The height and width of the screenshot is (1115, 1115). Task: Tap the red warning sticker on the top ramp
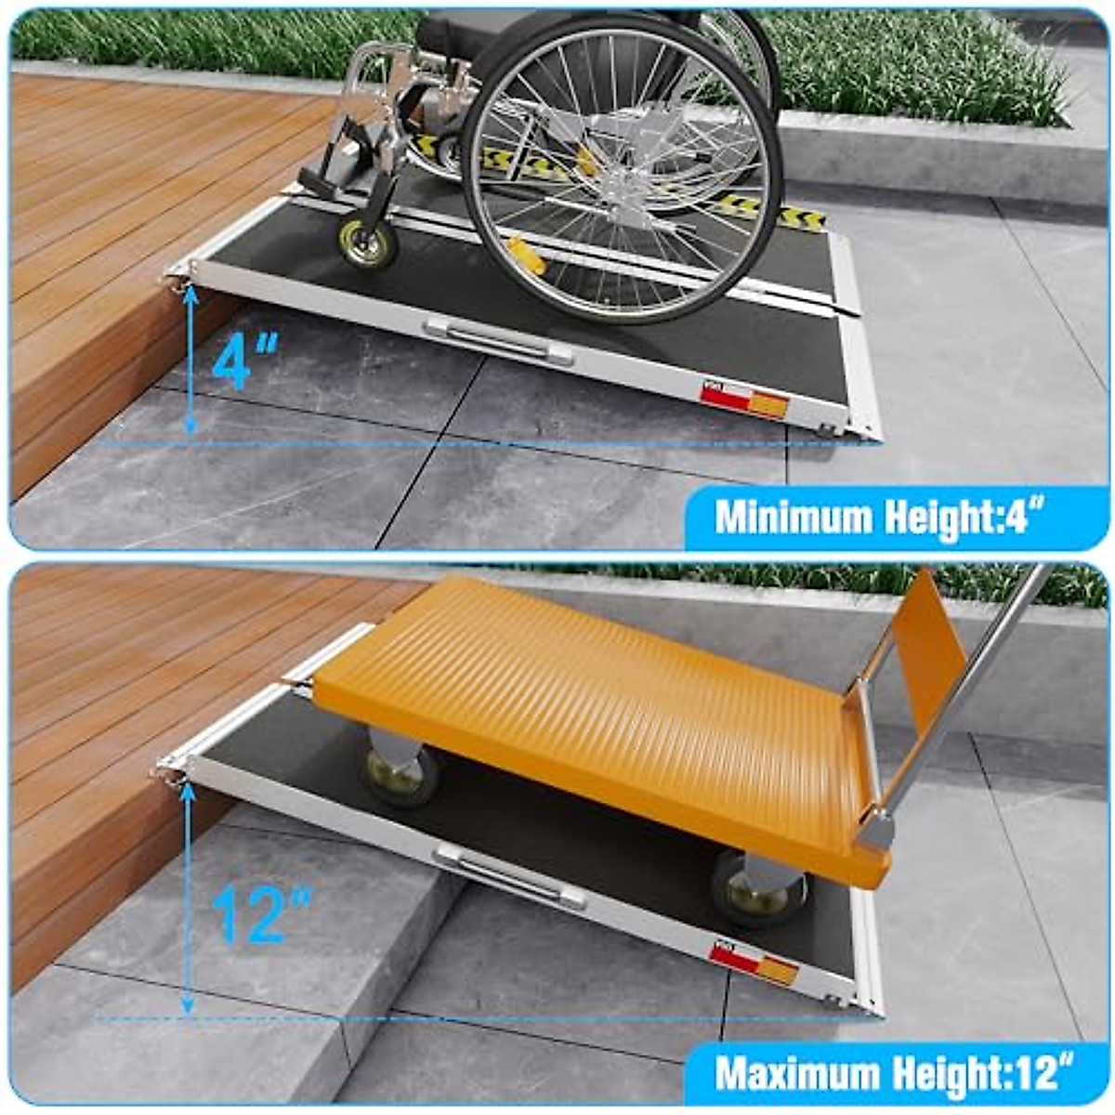click(x=743, y=401)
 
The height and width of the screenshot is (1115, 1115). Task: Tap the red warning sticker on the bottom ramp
click(x=754, y=962)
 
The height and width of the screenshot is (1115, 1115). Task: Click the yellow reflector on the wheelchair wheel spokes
click(x=526, y=256)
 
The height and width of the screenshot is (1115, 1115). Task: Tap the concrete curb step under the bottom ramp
click(x=279, y=929)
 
